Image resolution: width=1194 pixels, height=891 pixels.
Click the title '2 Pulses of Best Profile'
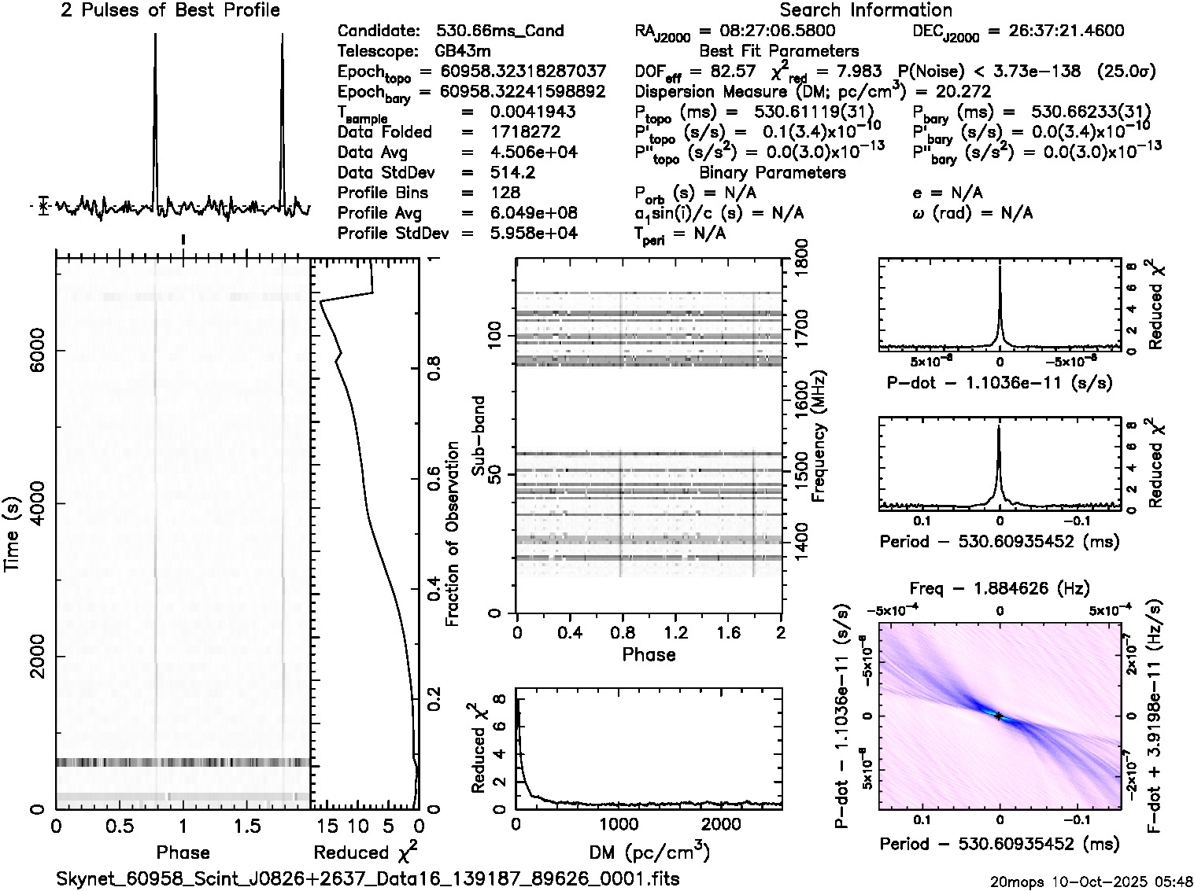pos(169,10)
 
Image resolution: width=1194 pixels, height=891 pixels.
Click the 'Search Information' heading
pos(866,10)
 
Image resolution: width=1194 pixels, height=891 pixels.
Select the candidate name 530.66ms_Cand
pos(500,31)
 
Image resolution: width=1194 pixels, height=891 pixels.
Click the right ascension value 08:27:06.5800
pos(768,31)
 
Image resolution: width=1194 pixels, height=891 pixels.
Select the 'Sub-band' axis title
pos(478,435)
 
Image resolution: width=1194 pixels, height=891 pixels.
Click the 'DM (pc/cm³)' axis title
pos(649,852)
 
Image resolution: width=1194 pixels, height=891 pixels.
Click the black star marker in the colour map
pos(999,716)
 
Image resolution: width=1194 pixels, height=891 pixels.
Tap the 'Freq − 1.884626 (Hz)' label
pos(999,588)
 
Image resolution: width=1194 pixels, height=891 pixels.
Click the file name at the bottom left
pos(368,878)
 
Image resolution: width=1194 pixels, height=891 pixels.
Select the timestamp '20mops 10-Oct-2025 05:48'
pos(1092,881)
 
